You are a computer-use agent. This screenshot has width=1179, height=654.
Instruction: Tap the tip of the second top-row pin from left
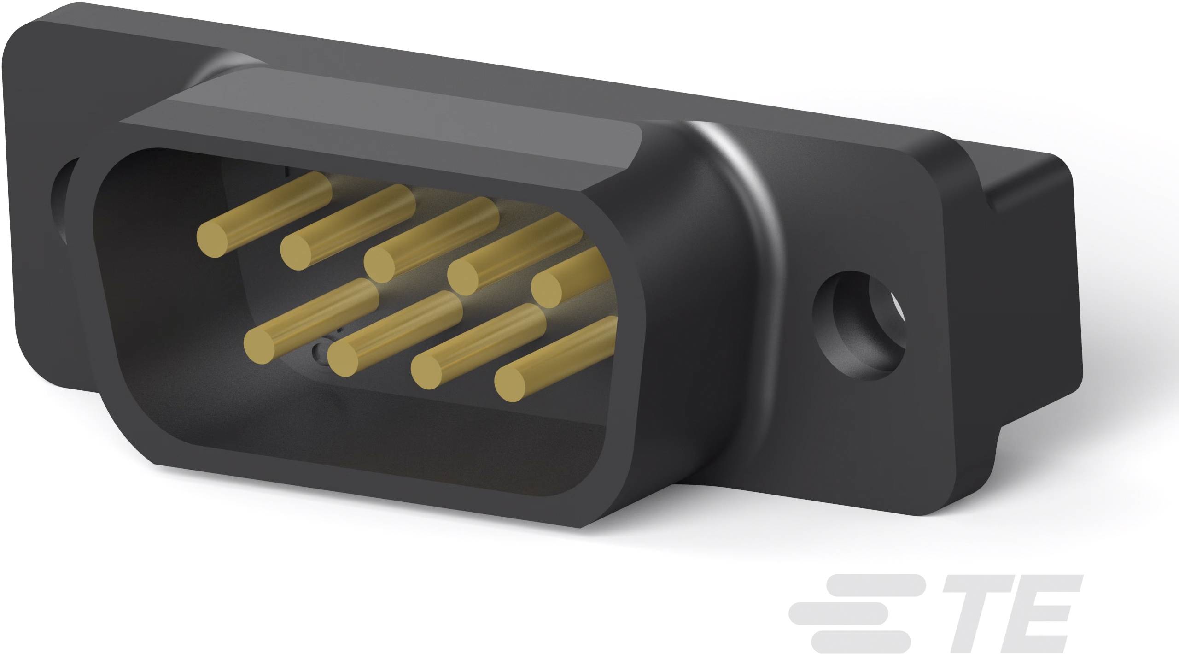point(296,252)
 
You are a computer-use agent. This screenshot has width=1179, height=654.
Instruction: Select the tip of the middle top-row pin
point(379,265)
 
